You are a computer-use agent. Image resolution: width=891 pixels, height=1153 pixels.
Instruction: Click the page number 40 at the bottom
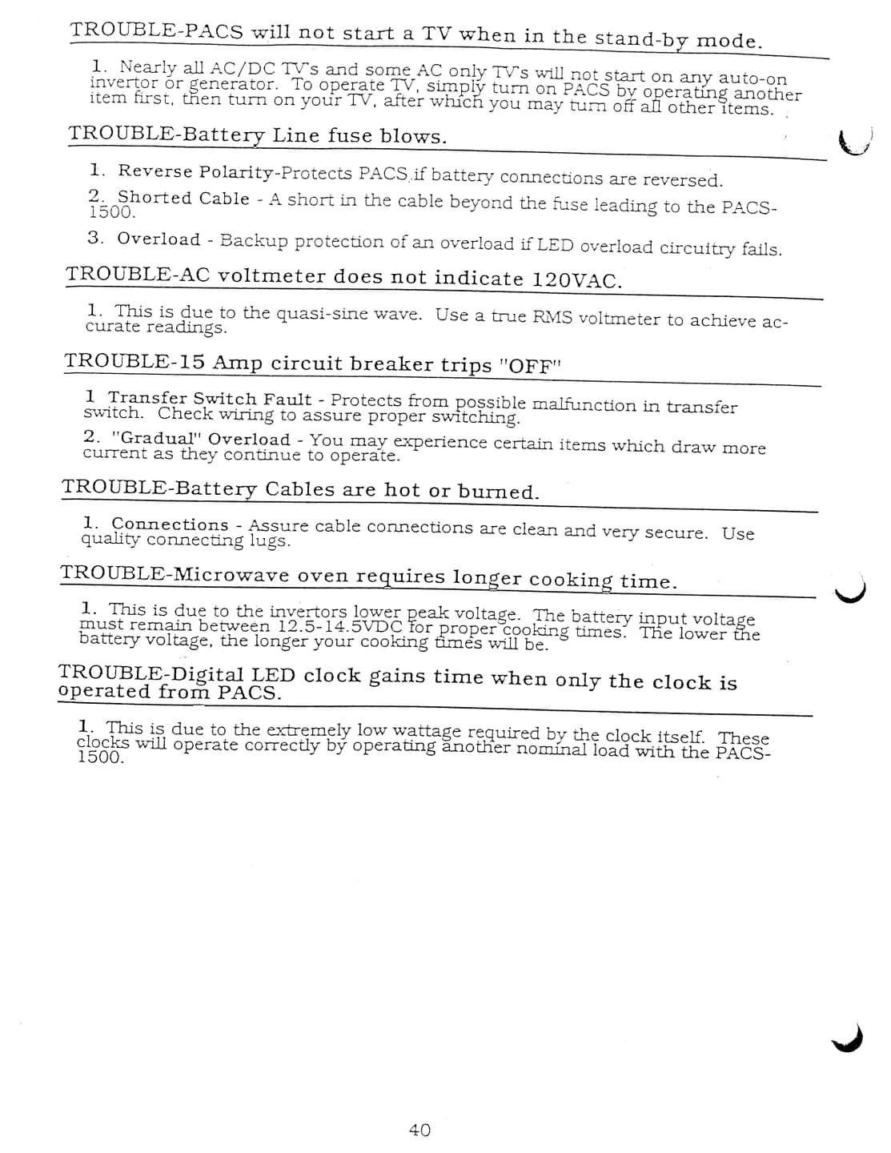[419, 1130]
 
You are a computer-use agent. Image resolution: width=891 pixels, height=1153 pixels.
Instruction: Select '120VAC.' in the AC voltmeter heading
[577, 279]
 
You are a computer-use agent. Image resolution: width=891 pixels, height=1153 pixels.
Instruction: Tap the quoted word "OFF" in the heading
[531, 366]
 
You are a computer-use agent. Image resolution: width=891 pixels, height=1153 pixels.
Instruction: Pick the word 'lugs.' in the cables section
[269, 541]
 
